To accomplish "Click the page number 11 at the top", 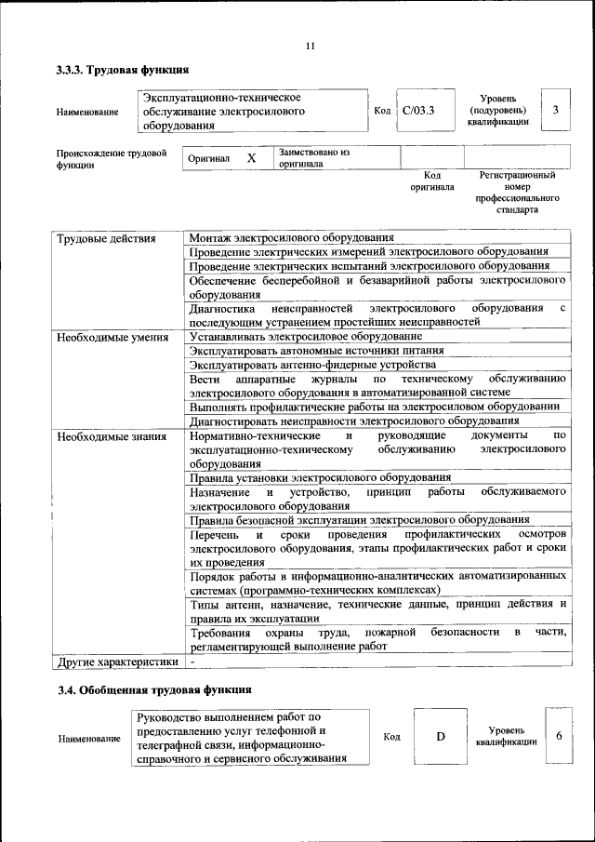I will pyautogui.click(x=311, y=46).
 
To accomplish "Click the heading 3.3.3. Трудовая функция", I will pyautogui.click(x=123, y=69).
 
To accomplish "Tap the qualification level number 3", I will pyautogui.click(x=555, y=111).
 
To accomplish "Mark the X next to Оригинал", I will pyautogui.click(x=251, y=158).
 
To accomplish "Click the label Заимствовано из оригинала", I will pyautogui.click(x=313, y=158).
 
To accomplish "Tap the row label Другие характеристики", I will pyautogui.click(x=116, y=662).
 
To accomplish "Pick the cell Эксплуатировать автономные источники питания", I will pyautogui.click(x=315, y=351).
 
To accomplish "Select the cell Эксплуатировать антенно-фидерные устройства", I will pyautogui.click(x=311, y=365).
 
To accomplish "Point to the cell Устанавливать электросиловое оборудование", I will pyautogui.click(x=305, y=336).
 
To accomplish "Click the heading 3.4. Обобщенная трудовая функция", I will pyautogui.click(x=153, y=690).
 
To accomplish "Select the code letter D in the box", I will pyautogui.click(x=441, y=737).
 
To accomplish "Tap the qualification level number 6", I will pyautogui.click(x=559, y=736).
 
